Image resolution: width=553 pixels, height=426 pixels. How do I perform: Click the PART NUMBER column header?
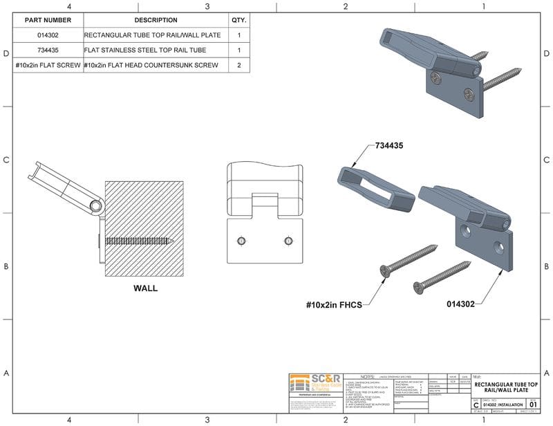(x=48, y=20)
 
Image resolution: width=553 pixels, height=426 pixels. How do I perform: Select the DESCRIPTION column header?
(x=156, y=20)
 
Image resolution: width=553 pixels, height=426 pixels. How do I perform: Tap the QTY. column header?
(x=239, y=20)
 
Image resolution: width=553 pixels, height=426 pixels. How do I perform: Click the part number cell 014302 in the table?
(x=48, y=35)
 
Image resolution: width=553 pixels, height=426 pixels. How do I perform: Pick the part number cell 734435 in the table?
(x=48, y=50)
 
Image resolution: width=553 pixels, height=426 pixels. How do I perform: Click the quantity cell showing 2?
(x=239, y=65)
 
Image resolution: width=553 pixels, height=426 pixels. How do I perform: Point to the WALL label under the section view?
(x=145, y=288)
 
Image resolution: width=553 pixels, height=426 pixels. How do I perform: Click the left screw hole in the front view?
(x=241, y=240)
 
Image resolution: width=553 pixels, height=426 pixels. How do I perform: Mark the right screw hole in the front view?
(x=288, y=240)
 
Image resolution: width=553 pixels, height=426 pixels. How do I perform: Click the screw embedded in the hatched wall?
(x=138, y=240)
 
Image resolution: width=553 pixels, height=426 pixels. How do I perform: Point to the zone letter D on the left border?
(x=6, y=53)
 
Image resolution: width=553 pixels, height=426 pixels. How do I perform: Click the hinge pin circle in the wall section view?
(x=95, y=205)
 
